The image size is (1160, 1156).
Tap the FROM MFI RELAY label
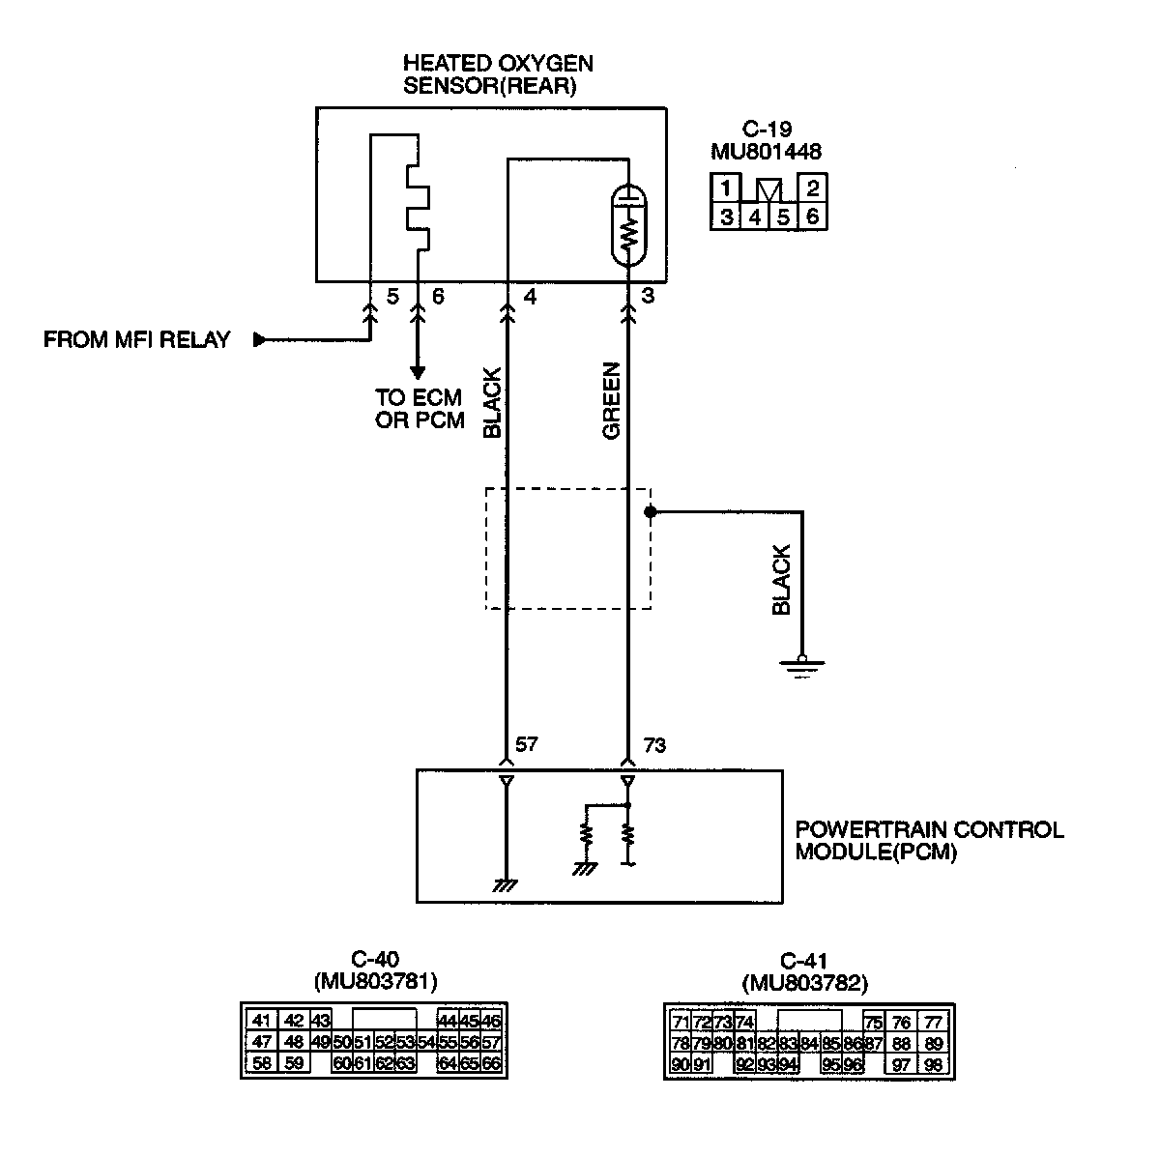(137, 340)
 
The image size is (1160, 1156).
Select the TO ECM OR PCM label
(420, 409)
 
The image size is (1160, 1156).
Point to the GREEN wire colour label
(611, 401)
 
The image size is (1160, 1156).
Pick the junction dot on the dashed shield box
(650, 511)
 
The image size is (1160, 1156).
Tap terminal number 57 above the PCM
(527, 745)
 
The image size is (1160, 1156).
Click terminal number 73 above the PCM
(653, 745)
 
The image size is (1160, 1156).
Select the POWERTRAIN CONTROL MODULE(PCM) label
(928, 841)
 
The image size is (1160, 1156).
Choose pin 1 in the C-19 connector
(726, 188)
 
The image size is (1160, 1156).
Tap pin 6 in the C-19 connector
(812, 216)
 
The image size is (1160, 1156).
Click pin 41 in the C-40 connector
(261, 1021)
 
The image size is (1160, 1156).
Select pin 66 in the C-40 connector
(491, 1064)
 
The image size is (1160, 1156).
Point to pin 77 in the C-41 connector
(933, 1023)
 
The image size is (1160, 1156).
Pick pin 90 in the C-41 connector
(680, 1065)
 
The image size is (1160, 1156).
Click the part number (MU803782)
(805, 984)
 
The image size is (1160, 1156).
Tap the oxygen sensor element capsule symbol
(629, 224)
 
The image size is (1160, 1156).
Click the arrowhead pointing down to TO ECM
(418, 372)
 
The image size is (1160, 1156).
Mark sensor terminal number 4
(529, 297)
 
